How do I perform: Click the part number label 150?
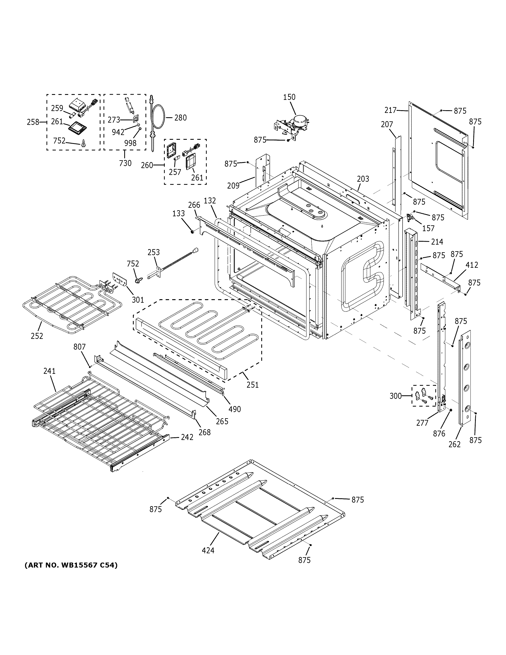pyautogui.click(x=289, y=97)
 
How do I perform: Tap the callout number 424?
pyautogui.click(x=208, y=550)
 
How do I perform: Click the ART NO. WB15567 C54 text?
pyautogui.click(x=71, y=565)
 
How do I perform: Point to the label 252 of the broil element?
pyautogui.click(x=37, y=336)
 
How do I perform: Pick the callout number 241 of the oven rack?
pyautogui.click(x=49, y=371)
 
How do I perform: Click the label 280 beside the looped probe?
pyautogui.click(x=180, y=118)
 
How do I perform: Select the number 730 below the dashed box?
pyautogui.click(x=125, y=163)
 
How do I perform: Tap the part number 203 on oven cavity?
pyautogui.click(x=363, y=179)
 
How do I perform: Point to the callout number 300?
pyautogui.click(x=395, y=396)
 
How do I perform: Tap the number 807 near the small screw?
pyautogui.click(x=79, y=347)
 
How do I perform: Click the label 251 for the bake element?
pyautogui.click(x=252, y=385)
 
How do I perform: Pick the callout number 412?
pyautogui.click(x=472, y=265)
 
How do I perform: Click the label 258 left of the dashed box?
pyautogui.click(x=33, y=122)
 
